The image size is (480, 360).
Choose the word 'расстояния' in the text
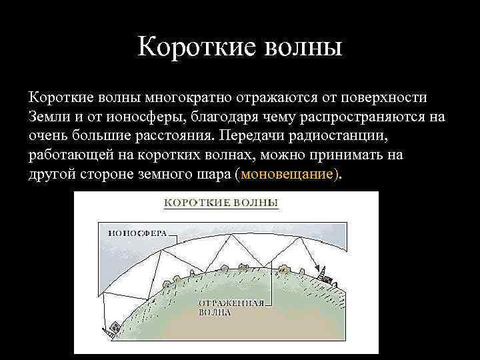click(x=176, y=136)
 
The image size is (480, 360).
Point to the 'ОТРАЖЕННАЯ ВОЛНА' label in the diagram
click(x=231, y=307)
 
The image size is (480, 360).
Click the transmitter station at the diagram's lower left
click(x=112, y=327)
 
